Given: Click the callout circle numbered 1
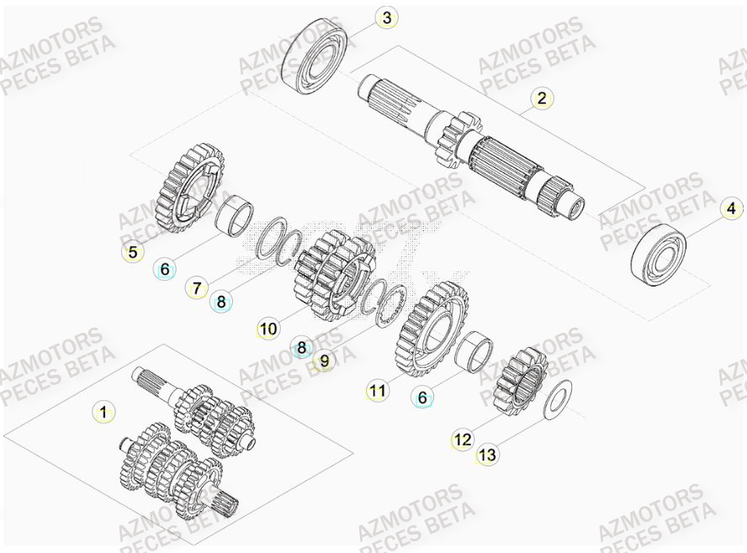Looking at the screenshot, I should click(x=103, y=412).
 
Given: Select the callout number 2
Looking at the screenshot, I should click(x=542, y=98).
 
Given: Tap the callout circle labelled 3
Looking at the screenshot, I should click(x=386, y=17).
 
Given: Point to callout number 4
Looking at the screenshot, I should click(x=730, y=208).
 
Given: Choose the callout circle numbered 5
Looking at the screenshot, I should click(x=132, y=250).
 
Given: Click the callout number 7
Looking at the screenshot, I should click(x=196, y=288).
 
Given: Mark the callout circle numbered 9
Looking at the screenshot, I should click(x=324, y=361).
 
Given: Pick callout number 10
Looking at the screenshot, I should click(x=268, y=329).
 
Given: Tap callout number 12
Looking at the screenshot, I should click(x=463, y=439).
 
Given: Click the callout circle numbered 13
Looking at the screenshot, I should click(x=487, y=455).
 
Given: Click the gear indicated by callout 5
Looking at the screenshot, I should click(x=191, y=189).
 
